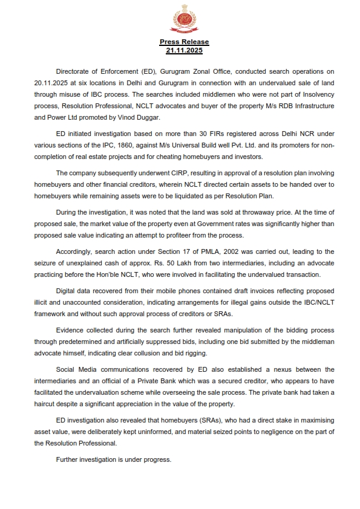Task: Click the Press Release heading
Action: [x=184, y=42]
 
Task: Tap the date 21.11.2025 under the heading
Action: [x=184, y=50]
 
